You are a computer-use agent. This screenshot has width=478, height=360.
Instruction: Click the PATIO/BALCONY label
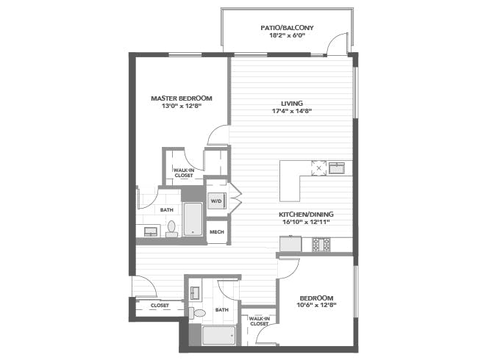point(287,28)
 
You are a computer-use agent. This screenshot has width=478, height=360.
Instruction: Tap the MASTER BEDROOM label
point(182,98)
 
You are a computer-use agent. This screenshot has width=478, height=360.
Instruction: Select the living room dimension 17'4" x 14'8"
point(292,111)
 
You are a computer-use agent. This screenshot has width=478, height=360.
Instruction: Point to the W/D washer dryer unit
point(216,201)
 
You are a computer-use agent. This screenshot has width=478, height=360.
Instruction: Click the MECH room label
point(217,232)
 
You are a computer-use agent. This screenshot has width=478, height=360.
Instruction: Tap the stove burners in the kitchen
point(321,244)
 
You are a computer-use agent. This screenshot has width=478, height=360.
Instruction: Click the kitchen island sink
point(337,168)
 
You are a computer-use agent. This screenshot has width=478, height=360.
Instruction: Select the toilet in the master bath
point(171,229)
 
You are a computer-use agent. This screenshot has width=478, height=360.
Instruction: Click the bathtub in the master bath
point(193,219)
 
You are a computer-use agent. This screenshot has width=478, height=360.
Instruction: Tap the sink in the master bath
point(151,231)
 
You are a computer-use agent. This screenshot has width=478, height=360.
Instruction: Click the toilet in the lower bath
point(197,313)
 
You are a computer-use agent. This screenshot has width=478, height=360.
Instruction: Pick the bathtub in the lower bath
point(219,335)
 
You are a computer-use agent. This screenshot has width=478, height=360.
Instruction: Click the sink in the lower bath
point(194,293)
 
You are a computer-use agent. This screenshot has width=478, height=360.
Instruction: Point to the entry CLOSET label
point(160,305)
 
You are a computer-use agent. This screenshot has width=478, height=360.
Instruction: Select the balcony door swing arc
point(335,40)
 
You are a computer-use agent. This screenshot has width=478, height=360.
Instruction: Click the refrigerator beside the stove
point(290,244)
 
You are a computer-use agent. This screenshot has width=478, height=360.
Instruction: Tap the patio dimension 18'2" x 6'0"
point(287,35)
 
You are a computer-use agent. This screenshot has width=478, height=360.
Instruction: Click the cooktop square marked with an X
point(318,168)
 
